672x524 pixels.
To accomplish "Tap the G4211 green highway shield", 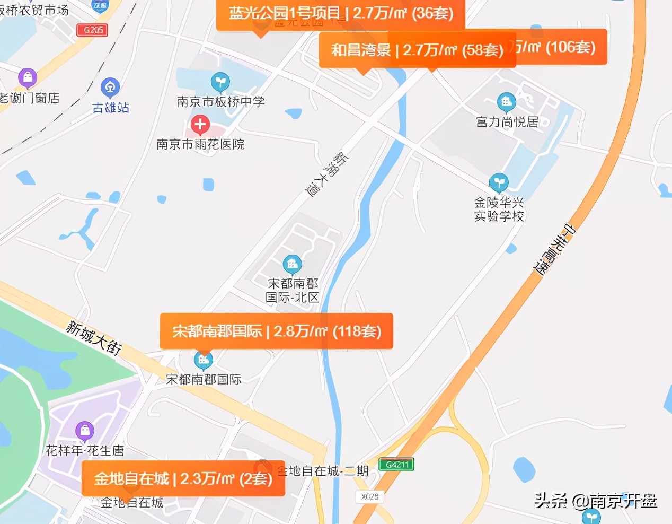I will (x=396, y=465).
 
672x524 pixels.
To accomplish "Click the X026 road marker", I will (x=369, y=496).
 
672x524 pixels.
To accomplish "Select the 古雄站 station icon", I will (x=110, y=86).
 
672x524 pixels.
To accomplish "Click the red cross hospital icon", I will (x=200, y=125).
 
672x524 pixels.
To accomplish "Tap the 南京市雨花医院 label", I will (x=200, y=144).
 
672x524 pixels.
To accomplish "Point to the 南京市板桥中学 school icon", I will (x=220, y=82).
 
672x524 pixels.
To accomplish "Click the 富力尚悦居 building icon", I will (x=506, y=101).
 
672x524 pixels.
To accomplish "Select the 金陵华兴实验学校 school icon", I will (x=498, y=182).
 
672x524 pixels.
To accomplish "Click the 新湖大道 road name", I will (x=327, y=174).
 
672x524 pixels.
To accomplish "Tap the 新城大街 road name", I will (x=94, y=338).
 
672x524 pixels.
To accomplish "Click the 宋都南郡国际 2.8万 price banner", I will (x=276, y=331).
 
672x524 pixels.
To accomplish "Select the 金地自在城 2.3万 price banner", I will (x=183, y=479).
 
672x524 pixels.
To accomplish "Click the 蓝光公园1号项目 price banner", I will (x=340, y=13).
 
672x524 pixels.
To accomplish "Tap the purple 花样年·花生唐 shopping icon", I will (x=85, y=430).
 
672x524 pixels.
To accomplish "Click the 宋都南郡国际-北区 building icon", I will (x=292, y=263).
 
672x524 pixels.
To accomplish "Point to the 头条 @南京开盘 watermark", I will (x=595, y=501).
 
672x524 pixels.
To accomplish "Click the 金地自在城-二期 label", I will (x=323, y=471).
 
